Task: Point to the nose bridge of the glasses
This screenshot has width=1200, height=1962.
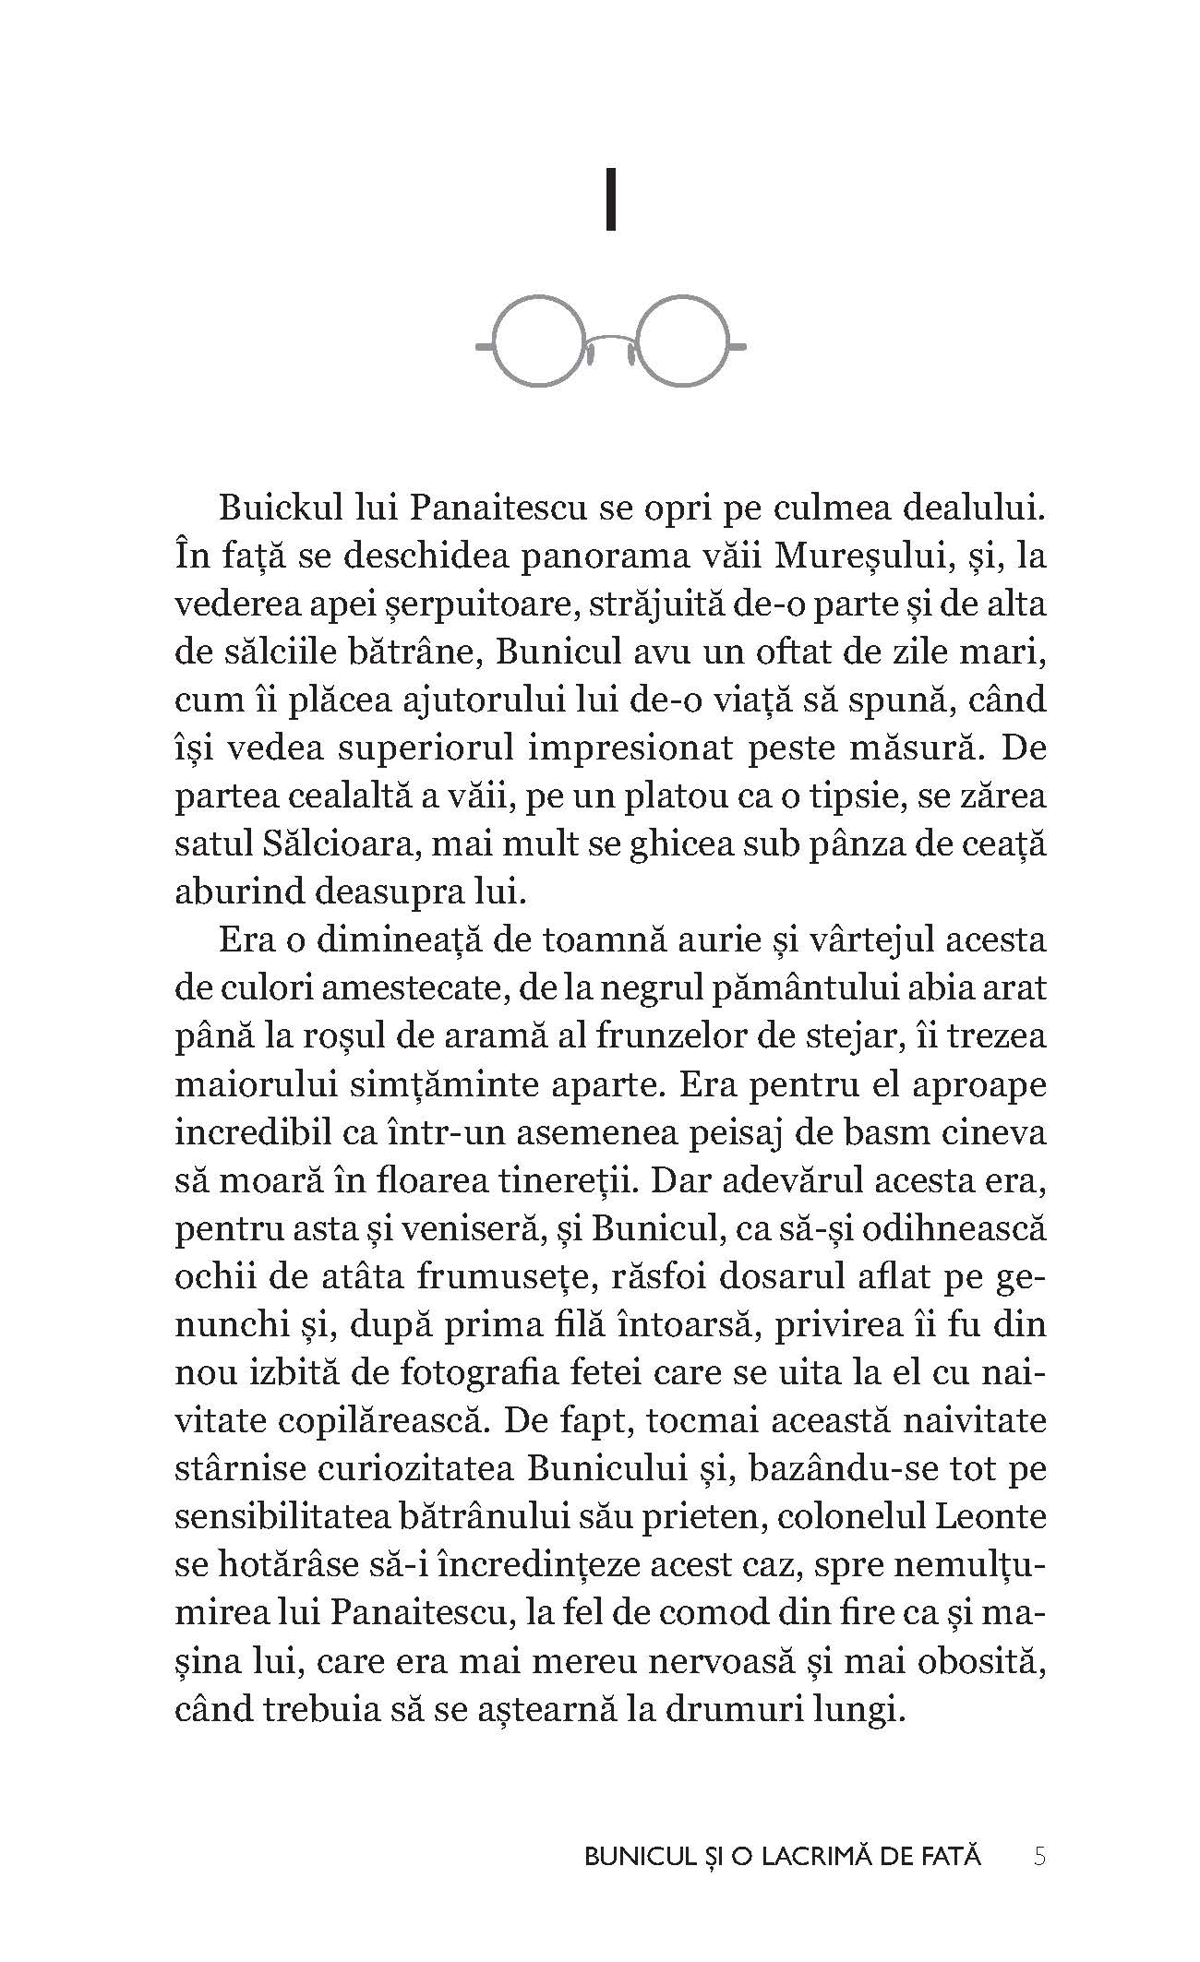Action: point(610,343)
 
